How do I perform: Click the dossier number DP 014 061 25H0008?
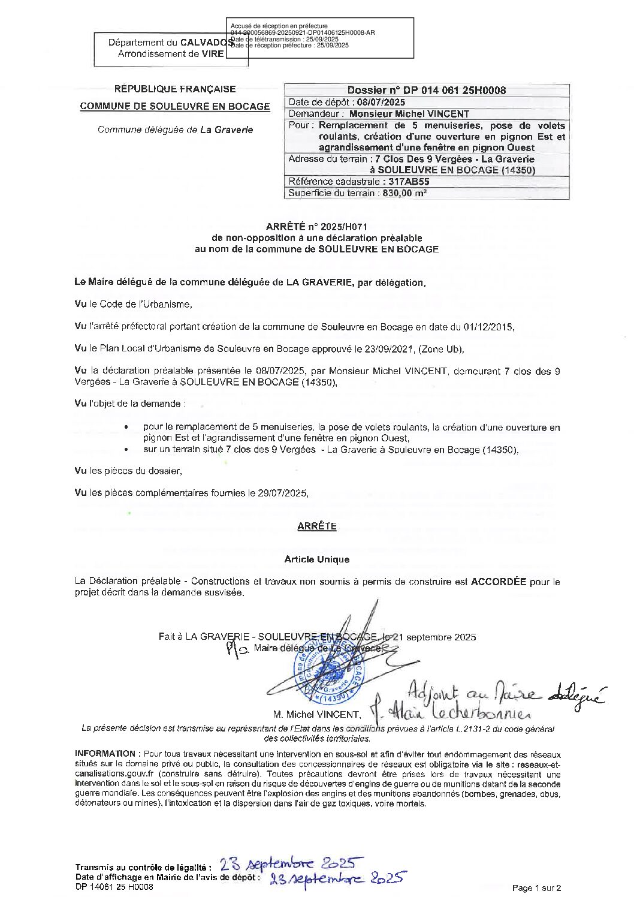(x=426, y=91)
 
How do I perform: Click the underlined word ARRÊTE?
(x=317, y=526)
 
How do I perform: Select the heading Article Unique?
(x=317, y=559)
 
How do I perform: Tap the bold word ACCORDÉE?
(x=499, y=582)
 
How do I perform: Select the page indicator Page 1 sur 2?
(x=537, y=888)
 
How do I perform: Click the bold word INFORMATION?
(x=105, y=753)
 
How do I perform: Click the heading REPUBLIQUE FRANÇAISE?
(x=175, y=89)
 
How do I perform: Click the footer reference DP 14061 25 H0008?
(x=114, y=887)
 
